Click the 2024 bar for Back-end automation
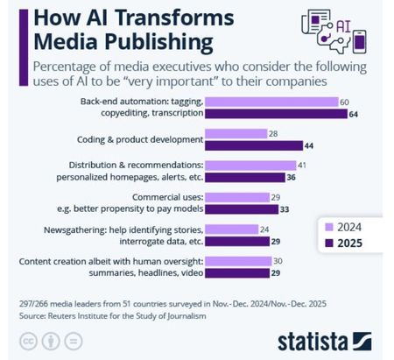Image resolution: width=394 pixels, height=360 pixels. pyautogui.click(x=271, y=102)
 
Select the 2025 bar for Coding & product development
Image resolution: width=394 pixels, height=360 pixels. pyautogui.click(x=254, y=145)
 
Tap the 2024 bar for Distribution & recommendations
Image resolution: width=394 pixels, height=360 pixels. pyautogui.click(x=250, y=166)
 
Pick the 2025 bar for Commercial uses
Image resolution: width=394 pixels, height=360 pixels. pyautogui.click(x=242, y=209)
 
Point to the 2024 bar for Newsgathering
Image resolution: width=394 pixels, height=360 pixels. pyautogui.click(x=232, y=229)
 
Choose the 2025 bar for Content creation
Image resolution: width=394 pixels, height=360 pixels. pyautogui.click(x=237, y=273)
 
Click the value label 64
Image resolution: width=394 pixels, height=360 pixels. pyautogui.click(x=353, y=114)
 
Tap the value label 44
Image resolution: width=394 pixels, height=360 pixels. pyautogui.click(x=309, y=145)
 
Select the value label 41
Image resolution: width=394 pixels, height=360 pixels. pyautogui.click(x=302, y=166)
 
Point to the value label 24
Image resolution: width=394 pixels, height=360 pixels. pyautogui.click(x=264, y=229)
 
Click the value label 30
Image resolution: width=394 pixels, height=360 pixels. pyautogui.click(x=278, y=261)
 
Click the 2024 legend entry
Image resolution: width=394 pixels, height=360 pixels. pyautogui.click(x=343, y=227)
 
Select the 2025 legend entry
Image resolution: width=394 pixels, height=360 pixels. pyautogui.click(x=343, y=243)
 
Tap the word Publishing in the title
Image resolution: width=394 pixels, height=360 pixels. pyautogui.click(x=158, y=43)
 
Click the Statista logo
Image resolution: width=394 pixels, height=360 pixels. pyautogui.click(x=325, y=341)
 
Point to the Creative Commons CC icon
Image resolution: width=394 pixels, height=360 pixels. pyautogui.click(x=28, y=341)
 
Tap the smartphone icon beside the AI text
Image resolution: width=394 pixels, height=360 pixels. pyautogui.click(x=359, y=41)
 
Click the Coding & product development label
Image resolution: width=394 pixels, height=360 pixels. pyautogui.click(x=140, y=139)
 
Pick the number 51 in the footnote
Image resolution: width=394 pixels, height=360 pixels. pyautogui.click(x=126, y=304)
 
